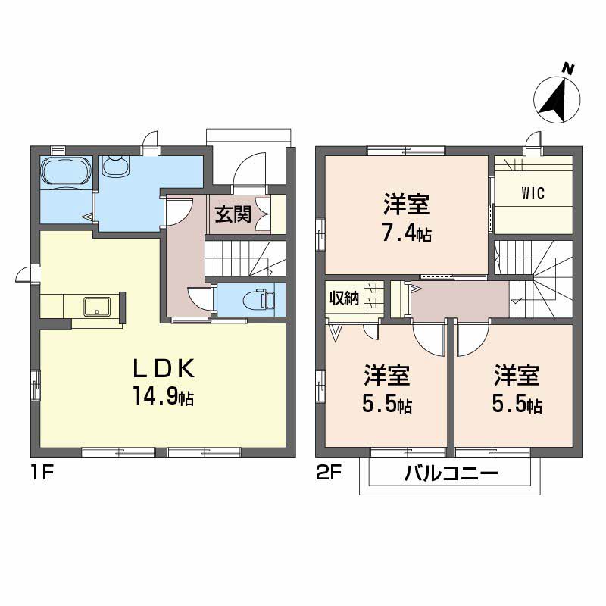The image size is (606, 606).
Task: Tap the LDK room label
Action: [165, 369]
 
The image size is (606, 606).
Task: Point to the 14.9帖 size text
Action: [165, 395]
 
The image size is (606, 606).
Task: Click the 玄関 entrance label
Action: [233, 214]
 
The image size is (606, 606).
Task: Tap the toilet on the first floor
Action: [264, 299]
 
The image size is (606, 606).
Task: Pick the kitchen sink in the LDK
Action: [98, 306]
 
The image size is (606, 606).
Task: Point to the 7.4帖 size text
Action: [406, 233]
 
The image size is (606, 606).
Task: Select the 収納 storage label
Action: [343, 297]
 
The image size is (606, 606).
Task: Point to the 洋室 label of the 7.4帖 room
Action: [406, 205]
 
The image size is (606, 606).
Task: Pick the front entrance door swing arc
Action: [250, 168]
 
